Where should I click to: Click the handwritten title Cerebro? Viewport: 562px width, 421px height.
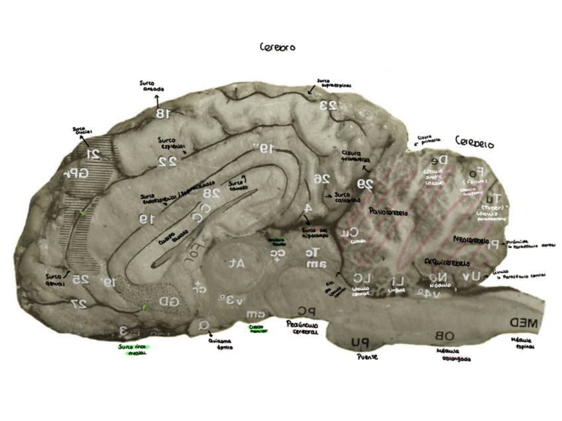[x=277, y=48]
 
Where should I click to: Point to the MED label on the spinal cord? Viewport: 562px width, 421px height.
[x=524, y=322]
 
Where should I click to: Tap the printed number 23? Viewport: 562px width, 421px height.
[x=329, y=105]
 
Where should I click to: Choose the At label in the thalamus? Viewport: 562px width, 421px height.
[x=237, y=263]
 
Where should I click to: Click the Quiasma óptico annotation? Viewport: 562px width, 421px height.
[x=221, y=344]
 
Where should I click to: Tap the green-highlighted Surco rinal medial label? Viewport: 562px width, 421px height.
[x=133, y=350]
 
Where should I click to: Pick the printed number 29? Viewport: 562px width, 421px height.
[x=366, y=183]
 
